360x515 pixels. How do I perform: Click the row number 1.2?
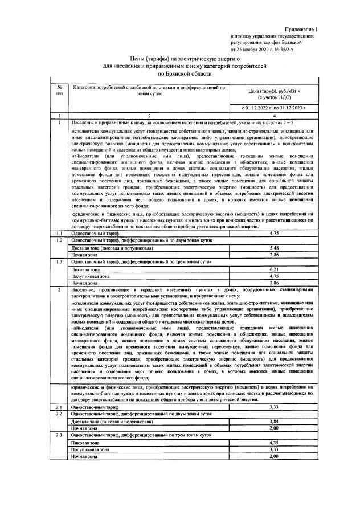59,240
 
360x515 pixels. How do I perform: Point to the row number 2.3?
59,435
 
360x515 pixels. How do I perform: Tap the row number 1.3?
59,261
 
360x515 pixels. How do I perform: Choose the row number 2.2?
59,414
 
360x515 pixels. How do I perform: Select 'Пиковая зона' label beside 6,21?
85,268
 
